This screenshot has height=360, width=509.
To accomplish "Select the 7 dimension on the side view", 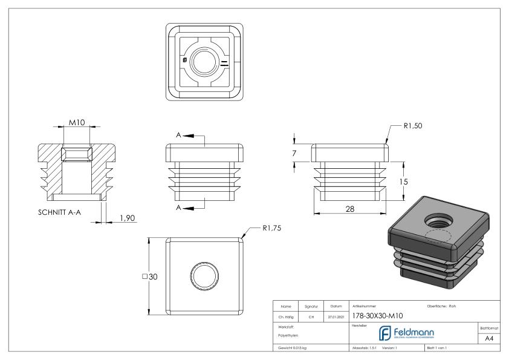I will pos(294,154).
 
